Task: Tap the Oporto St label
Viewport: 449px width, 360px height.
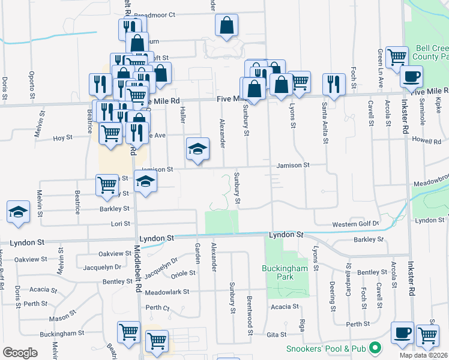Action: (32, 83)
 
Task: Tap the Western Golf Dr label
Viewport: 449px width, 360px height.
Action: (356, 224)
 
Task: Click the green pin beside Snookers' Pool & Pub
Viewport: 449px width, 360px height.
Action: (375, 348)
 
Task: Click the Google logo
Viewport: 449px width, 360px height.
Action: (20, 353)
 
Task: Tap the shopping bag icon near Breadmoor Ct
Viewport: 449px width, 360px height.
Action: (227, 25)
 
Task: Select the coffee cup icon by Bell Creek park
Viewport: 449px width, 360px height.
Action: (411, 77)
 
